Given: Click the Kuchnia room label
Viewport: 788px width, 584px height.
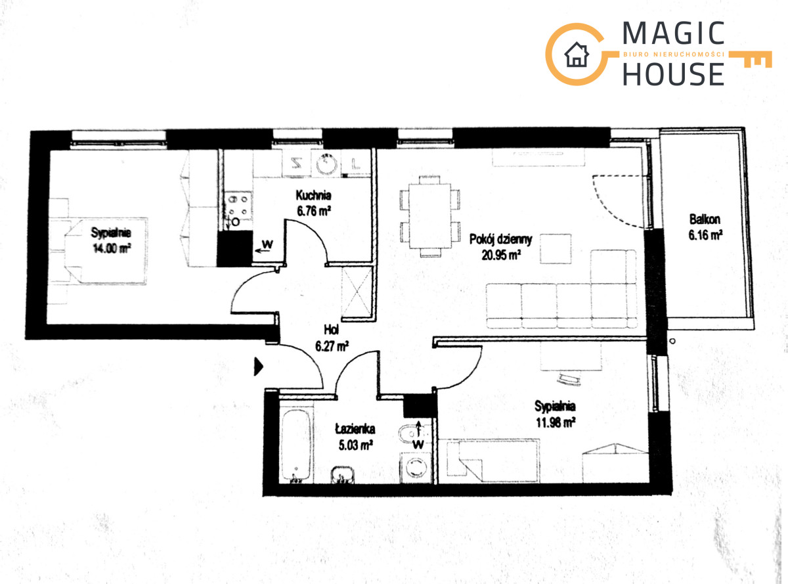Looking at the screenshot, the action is click(x=313, y=196).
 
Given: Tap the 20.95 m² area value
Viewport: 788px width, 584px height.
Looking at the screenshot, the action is click(x=501, y=255).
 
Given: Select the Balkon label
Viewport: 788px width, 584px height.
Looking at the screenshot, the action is click(x=705, y=219).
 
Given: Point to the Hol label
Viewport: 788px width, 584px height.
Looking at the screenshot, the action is click(x=331, y=330).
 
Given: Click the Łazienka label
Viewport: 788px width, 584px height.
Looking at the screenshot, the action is click(x=355, y=429).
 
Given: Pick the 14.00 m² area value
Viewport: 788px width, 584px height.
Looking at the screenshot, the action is click(x=112, y=248).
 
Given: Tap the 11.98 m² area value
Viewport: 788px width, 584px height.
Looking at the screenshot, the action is click(x=556, y=423).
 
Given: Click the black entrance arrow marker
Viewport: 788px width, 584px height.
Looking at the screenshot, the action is click(x=258, y=367).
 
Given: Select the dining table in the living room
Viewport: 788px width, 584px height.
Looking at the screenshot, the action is click(x=430, y=215).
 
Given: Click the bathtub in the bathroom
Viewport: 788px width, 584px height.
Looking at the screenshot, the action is click(x=296, y=445).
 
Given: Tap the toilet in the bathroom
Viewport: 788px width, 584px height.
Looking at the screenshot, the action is click(x=409, y=434).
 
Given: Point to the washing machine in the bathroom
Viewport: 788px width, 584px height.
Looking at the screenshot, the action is click(x=415, y=468).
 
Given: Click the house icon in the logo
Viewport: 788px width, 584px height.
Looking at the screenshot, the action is click(x=577, y=55).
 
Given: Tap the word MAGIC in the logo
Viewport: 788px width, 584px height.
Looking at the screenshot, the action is click(x=673, y=33).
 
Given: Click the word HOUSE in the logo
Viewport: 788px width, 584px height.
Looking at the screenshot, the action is click(x=674, y=74).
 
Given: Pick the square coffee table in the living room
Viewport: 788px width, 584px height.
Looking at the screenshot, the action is click(x=556, y=248).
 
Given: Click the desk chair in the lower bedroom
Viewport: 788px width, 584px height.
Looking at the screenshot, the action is click(x=569, y=379).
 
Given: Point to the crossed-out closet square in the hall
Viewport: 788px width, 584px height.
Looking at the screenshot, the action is click(x=357, y=292).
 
